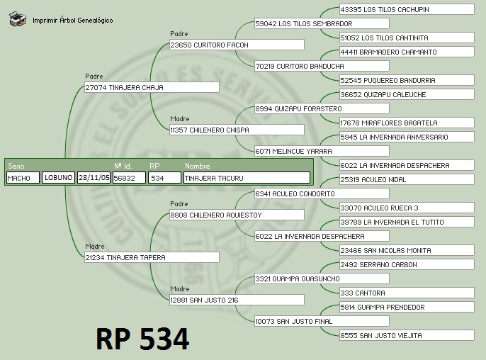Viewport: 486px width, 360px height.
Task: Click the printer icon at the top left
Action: coord(18,19)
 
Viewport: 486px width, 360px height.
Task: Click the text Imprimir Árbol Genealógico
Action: coord(72,21)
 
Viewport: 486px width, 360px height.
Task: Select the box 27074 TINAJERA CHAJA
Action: coord(152,88)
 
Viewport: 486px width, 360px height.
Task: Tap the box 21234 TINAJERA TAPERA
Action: coord(152,258)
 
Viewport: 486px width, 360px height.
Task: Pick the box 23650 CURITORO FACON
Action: coord(237,45)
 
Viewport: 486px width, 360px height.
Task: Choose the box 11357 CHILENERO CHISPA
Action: coord(237,130)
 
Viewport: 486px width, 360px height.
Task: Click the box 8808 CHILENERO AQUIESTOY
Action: coord(237,215)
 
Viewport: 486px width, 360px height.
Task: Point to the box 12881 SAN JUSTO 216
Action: coord(237,300)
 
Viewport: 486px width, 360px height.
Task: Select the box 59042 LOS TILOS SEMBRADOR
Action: coord(322,24)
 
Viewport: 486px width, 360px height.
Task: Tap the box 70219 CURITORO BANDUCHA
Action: coord(322,67)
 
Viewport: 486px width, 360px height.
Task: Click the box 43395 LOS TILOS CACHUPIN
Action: coord(407,10)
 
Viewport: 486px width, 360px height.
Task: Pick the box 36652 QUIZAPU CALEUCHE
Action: coord(407,95)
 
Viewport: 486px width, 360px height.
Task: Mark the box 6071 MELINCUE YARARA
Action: coord(322,152)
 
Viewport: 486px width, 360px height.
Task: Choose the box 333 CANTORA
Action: coord(407,293)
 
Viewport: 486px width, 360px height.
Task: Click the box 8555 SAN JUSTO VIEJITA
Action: coord(407,336)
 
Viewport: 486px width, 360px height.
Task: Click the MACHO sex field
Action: coord(23,179)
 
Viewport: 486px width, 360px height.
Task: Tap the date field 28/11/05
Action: coord(94,179)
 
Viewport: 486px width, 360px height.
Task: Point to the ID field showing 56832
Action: coord(129,179)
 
